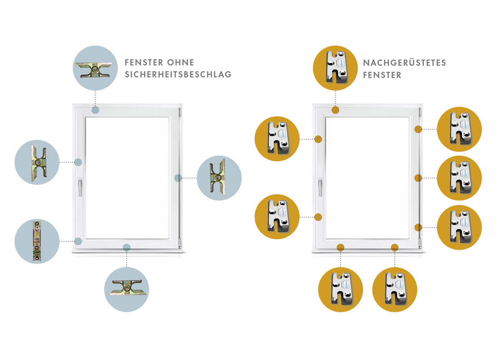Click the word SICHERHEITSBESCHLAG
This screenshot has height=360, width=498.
pyautogui.click(x=178, y=74)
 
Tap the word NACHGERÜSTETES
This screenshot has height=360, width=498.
pyautogui.click(x=405, y=63)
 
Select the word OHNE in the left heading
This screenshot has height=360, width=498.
pyautogui.click(x=181, y=63)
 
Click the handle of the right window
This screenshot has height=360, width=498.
pyautogui.click(x=320, y=187)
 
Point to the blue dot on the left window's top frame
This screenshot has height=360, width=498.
pyautogui.click(x=95, y=110)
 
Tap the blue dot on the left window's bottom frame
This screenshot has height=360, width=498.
pyautogui.click(x=126, y=247)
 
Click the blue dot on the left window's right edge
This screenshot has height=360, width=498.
pyautogui.click(x=178, y=178)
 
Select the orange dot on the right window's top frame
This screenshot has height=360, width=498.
pyautogui.click(x=335, y=110)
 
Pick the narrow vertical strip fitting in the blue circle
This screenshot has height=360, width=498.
pyautogui.click(x=37, y=241)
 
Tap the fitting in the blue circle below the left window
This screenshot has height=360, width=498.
pyautogui.click(x=126, y=287)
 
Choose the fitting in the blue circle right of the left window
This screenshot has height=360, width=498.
pyautogui.click(x=218, y=178)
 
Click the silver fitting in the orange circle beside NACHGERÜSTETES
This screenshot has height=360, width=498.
pyautogui.click(x=336, y=67)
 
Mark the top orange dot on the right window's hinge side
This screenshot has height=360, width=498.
pyautogui.click(x=418, y=129)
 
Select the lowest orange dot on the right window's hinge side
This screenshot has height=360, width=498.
pyautogui.click(x=418, y=227)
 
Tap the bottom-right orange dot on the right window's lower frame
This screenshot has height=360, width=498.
pyautogui.click(x=395, y=247)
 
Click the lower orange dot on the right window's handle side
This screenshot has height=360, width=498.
pyautogui.click(x=318, y=217)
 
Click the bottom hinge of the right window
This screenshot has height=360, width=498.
pyautogui.click(x=420, y=243)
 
